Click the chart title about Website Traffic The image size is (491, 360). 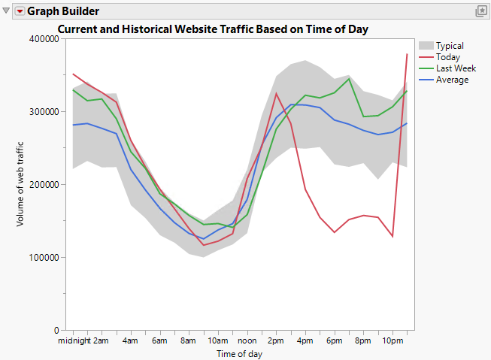(217, 29)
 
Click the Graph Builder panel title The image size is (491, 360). (63, 11)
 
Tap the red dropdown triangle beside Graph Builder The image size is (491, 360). (20, 11)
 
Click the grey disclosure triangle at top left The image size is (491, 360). (7, 11)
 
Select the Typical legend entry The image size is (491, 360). (449, 46)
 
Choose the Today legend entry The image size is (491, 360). (447, 57)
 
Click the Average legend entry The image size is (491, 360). (452, 80)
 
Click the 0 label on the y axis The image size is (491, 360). (56, 330)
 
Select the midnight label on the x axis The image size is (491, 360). (74, 341)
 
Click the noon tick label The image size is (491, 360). (247, 341)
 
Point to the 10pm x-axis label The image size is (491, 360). (392, 341)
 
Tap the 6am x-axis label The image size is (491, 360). (159, 341)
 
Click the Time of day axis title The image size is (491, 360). (239, 354)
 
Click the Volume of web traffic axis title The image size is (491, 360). (21, 184)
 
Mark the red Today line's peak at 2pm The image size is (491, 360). (276, 94)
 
